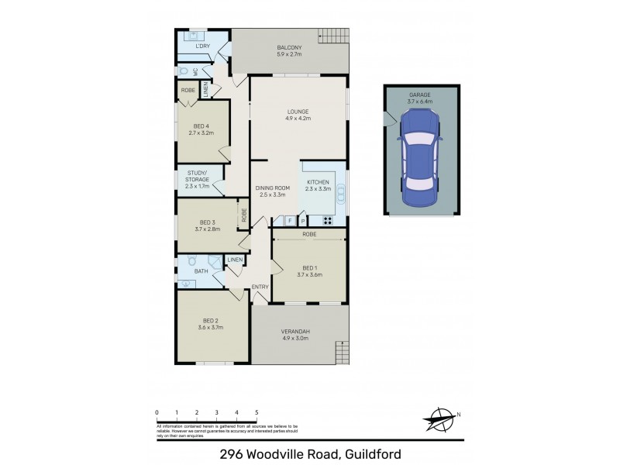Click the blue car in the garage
(x=418, y=159)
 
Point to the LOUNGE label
(x=298, y=111)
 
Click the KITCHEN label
(x=319, y=182)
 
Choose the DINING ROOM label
(x=271, y=187)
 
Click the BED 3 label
(x=206, y=222)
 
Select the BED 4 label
(x=200, y=126)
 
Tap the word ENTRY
(x=260, y=288)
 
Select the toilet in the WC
(x=184, y=71)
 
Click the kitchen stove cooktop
(x=327, y=220)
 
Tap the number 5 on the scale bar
(x=257, y=412)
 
